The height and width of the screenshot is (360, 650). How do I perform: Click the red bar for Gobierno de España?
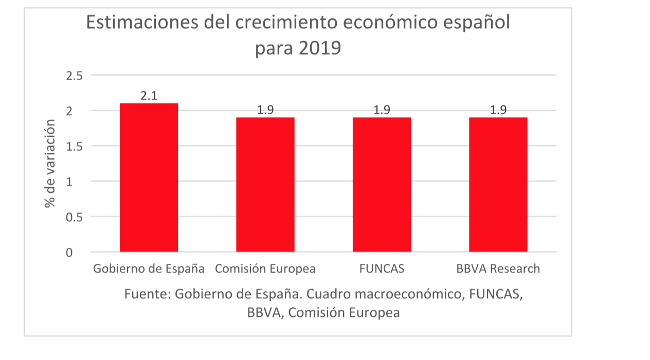[149, 177]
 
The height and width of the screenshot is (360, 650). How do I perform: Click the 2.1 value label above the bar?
[149, 96]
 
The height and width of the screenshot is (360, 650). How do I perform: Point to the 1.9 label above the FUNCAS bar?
[382, 110]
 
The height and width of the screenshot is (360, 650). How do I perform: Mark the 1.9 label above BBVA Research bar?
[498, 110]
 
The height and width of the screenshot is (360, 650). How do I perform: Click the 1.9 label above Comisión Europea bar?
[265, 110]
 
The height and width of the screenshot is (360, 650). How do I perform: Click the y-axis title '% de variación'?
[50, 163]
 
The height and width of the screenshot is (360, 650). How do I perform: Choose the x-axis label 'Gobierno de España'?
[149, 269]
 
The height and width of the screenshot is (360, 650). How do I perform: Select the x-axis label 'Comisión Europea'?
[265, 269]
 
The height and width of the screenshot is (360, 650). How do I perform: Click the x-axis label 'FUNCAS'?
[382, 269]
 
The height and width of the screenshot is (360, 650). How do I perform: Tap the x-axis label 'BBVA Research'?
[498, 269]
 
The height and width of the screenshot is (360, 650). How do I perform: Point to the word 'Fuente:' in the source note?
[147, 295]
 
